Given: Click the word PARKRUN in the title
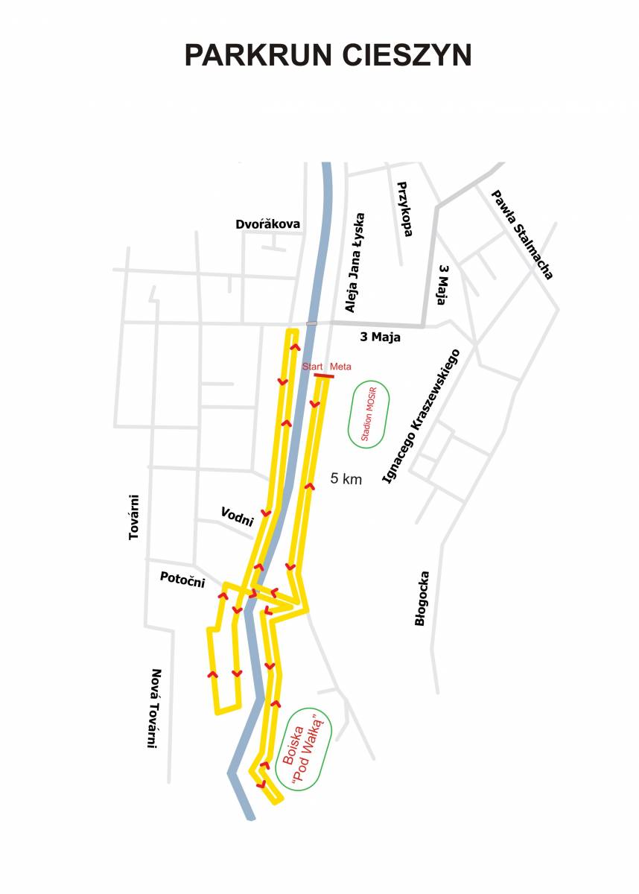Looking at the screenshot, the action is (258, 55).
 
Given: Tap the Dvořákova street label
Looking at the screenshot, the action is (267, 224).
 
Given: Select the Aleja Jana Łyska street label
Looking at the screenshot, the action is (355, 263).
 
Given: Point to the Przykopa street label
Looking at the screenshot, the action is (405, 209).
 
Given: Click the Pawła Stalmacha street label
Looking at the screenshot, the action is (522, 235).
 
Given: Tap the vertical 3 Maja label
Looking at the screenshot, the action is (442, 285).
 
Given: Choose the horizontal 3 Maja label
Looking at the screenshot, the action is (380, 337).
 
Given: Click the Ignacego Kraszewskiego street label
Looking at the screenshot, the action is (422, 416).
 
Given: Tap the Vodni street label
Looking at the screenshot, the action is (238, 517).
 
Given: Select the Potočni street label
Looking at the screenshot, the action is (182, 579).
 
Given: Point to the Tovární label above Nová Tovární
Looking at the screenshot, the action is (134, 517).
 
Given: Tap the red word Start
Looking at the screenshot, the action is (313, 367).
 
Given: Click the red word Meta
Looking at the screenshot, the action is (340, 367).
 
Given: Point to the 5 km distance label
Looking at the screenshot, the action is (346, 478).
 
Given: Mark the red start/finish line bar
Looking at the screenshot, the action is (324, 375).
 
